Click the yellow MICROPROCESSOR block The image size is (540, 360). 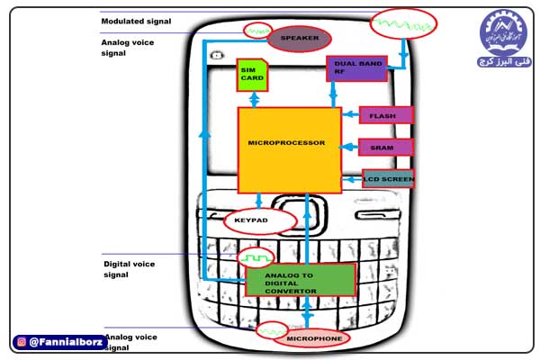(289, 149)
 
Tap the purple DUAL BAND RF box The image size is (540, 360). (356, 67)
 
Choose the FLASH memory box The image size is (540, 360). (386, 115)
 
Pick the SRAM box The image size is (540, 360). (386, 147)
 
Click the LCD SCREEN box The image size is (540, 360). (389, 178)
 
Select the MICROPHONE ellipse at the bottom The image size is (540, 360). (315, 339)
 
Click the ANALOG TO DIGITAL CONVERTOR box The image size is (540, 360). (300, 279)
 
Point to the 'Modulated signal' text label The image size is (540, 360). (136, 21)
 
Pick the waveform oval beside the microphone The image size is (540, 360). (269, 330)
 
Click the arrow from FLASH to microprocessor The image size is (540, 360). (352, 115)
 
